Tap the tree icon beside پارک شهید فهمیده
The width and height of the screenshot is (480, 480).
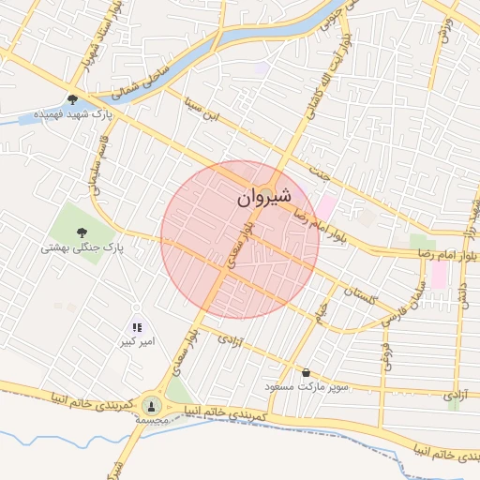click(x=72, y=100)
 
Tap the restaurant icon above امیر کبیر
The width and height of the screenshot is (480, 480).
click(x=137, y=327)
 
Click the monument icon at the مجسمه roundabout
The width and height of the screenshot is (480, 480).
click(x=151, y=406)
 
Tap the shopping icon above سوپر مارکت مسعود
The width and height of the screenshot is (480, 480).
click(x=306, y=372)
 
